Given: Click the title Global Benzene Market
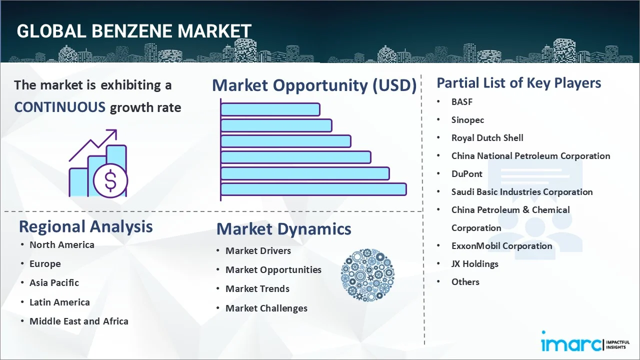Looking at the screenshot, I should coord(133,31).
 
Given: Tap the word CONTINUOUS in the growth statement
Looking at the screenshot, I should coord(59,107).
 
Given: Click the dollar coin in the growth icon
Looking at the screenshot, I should coord(110,181).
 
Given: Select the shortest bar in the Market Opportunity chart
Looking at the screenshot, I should coord(270,109).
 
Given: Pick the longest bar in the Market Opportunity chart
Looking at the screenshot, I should coord(313,189).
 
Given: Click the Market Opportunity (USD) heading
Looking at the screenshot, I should coord(314,85).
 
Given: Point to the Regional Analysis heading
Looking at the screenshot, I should coord(85,226).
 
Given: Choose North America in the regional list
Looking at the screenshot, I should coord(61,244).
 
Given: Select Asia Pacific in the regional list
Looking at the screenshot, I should coord(54,282).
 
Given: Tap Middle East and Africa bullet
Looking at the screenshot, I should coord(78,321).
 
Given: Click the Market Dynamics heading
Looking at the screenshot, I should coord(283,229).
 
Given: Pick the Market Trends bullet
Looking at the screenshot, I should coord(257,288).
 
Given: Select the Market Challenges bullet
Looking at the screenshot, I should coord(266,308).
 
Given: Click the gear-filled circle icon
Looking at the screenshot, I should coord(367,275).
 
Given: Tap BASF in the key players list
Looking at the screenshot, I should coord(461,101).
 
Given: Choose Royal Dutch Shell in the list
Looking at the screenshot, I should coord(487,137).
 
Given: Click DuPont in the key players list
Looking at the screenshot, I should coord(466,173).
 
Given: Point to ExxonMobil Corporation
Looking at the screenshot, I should coord(501,245).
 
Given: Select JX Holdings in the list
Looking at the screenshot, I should coord(474,263).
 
